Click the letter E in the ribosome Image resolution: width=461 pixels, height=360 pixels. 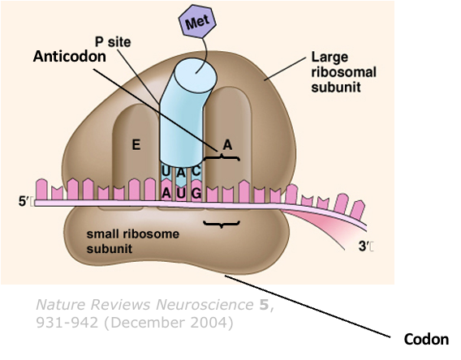(136, 145)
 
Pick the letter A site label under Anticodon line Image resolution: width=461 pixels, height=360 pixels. (228, 144)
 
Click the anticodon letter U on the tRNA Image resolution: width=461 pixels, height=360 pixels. (166, 171)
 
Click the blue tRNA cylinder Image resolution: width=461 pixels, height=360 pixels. (183, 114)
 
